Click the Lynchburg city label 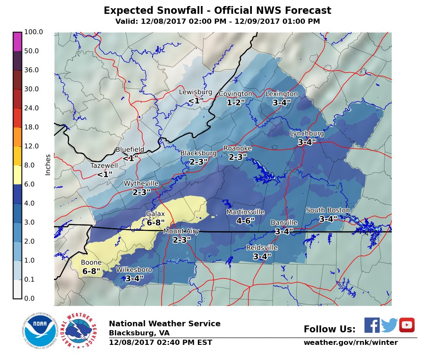coord(307,134)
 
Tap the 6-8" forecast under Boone coord(91,271)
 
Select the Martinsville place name coord(245,212)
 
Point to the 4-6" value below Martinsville coord(245,220)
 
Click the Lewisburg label coord(196,92)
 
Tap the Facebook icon coord(372,325)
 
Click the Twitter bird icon coord(389,325)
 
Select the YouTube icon coord(407,325)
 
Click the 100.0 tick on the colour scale coord(33,32)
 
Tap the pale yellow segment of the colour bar coord(17,175)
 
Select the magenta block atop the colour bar coord(17,41)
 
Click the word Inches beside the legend coord(48,165)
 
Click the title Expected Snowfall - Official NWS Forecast coord(217,10)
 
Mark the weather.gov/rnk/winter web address coord(350,343)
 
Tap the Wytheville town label coord(141,184)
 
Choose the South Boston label coord(327,210)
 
